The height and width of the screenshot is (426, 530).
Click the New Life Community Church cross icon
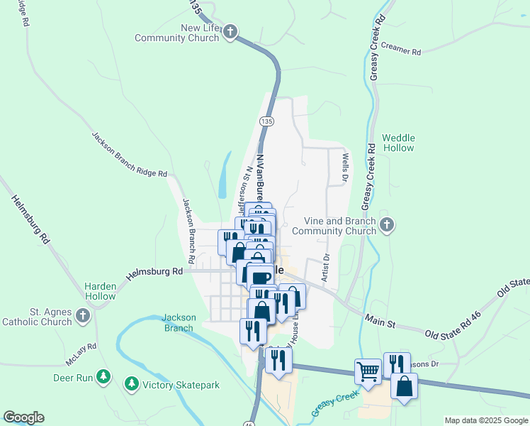[x=230, y=31]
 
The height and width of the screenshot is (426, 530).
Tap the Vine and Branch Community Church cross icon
[x=386, y=225]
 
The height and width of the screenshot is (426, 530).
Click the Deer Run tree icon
[x=104, y=377]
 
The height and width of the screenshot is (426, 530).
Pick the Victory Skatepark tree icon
[x=131, y=384]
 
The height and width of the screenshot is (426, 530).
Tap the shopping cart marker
[x=368, y=371]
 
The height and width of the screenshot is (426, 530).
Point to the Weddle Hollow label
[x=398, y=143]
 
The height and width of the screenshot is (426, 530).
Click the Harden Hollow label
[x=101, y=291]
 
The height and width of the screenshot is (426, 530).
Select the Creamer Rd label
[x=400, y=51]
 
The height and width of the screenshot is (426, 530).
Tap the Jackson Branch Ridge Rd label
[x=129, y=154]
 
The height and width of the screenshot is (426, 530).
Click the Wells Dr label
[x=345, y=167]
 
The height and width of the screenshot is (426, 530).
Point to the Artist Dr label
[x=325, y=268]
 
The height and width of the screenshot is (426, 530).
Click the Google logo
[x=23, y=417]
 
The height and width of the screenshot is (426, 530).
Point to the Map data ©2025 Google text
[x=485, y=420]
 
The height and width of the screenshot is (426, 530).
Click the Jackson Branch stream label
[x=178, y=322]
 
